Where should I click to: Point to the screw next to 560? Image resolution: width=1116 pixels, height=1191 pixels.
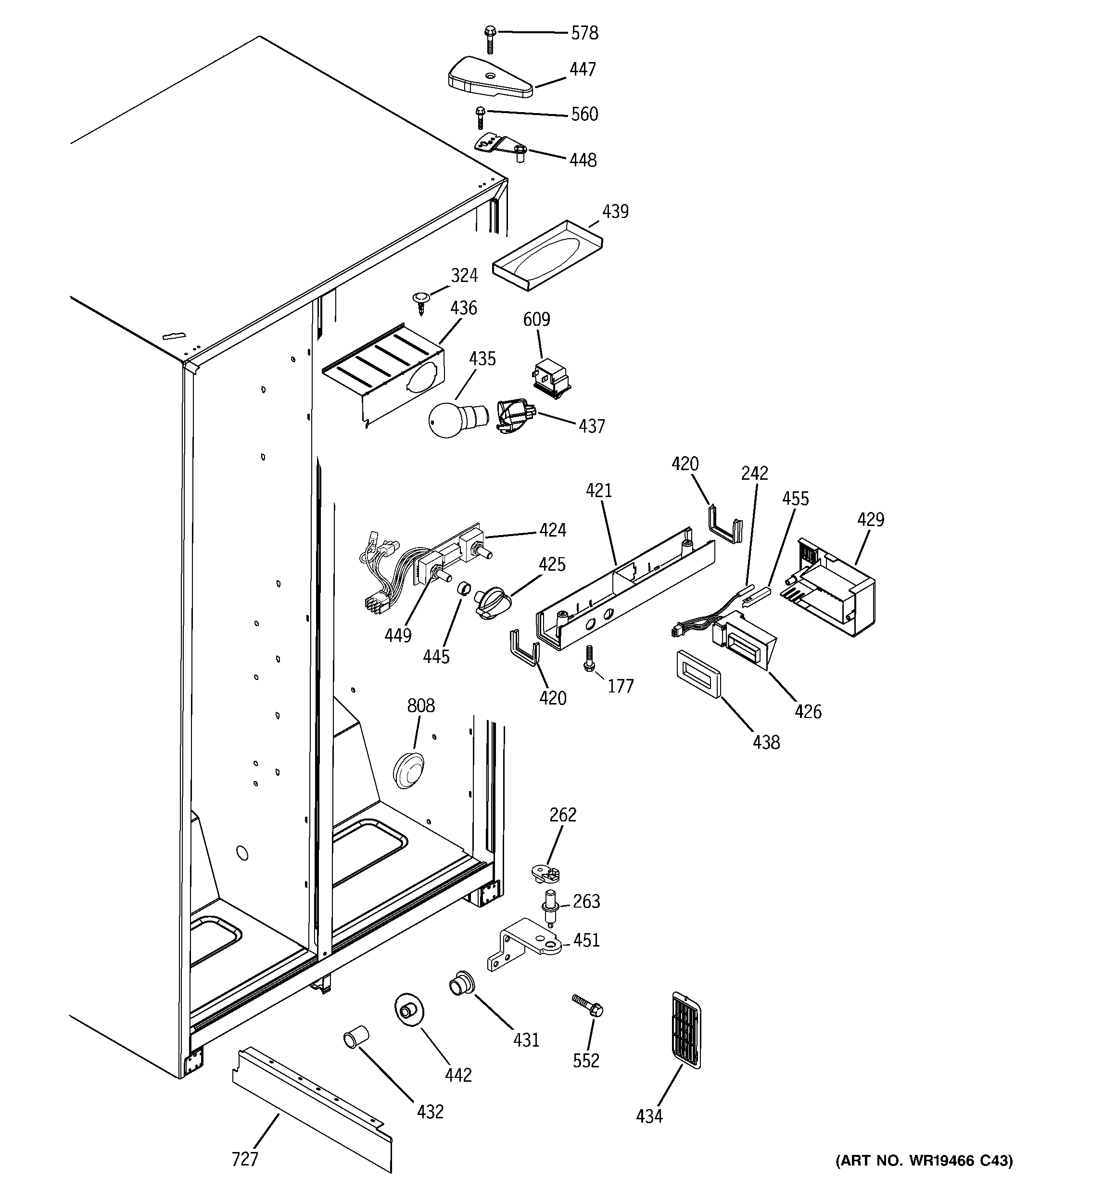[x=480, y=117]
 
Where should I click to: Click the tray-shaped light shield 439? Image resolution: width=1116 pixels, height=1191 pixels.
[x=547, y=256]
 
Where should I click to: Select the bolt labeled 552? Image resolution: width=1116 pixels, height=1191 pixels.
[x=587, y=1005]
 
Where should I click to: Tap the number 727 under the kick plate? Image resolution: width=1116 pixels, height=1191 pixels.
[x=244, y=1159]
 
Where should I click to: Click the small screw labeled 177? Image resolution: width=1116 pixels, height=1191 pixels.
[x=589, y=658]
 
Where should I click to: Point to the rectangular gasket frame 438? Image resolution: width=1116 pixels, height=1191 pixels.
[x=698, y=675]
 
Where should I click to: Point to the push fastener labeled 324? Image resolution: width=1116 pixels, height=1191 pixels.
[x=422, y=299]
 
